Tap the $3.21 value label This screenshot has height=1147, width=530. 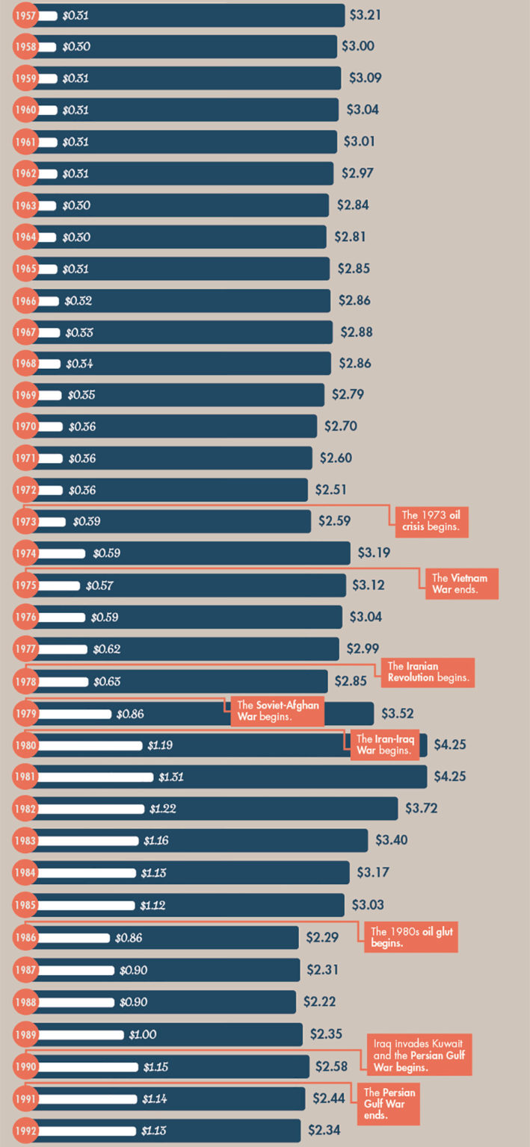(366, 14)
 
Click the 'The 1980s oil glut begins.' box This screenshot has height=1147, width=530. (410, 937)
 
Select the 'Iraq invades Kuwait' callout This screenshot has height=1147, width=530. (419, 1055)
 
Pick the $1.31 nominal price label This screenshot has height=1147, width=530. (171, 777)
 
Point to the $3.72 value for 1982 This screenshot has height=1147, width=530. (422, 809)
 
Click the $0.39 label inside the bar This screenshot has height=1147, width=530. (87, 521)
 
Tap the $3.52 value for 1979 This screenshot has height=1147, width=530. (398, 713)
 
